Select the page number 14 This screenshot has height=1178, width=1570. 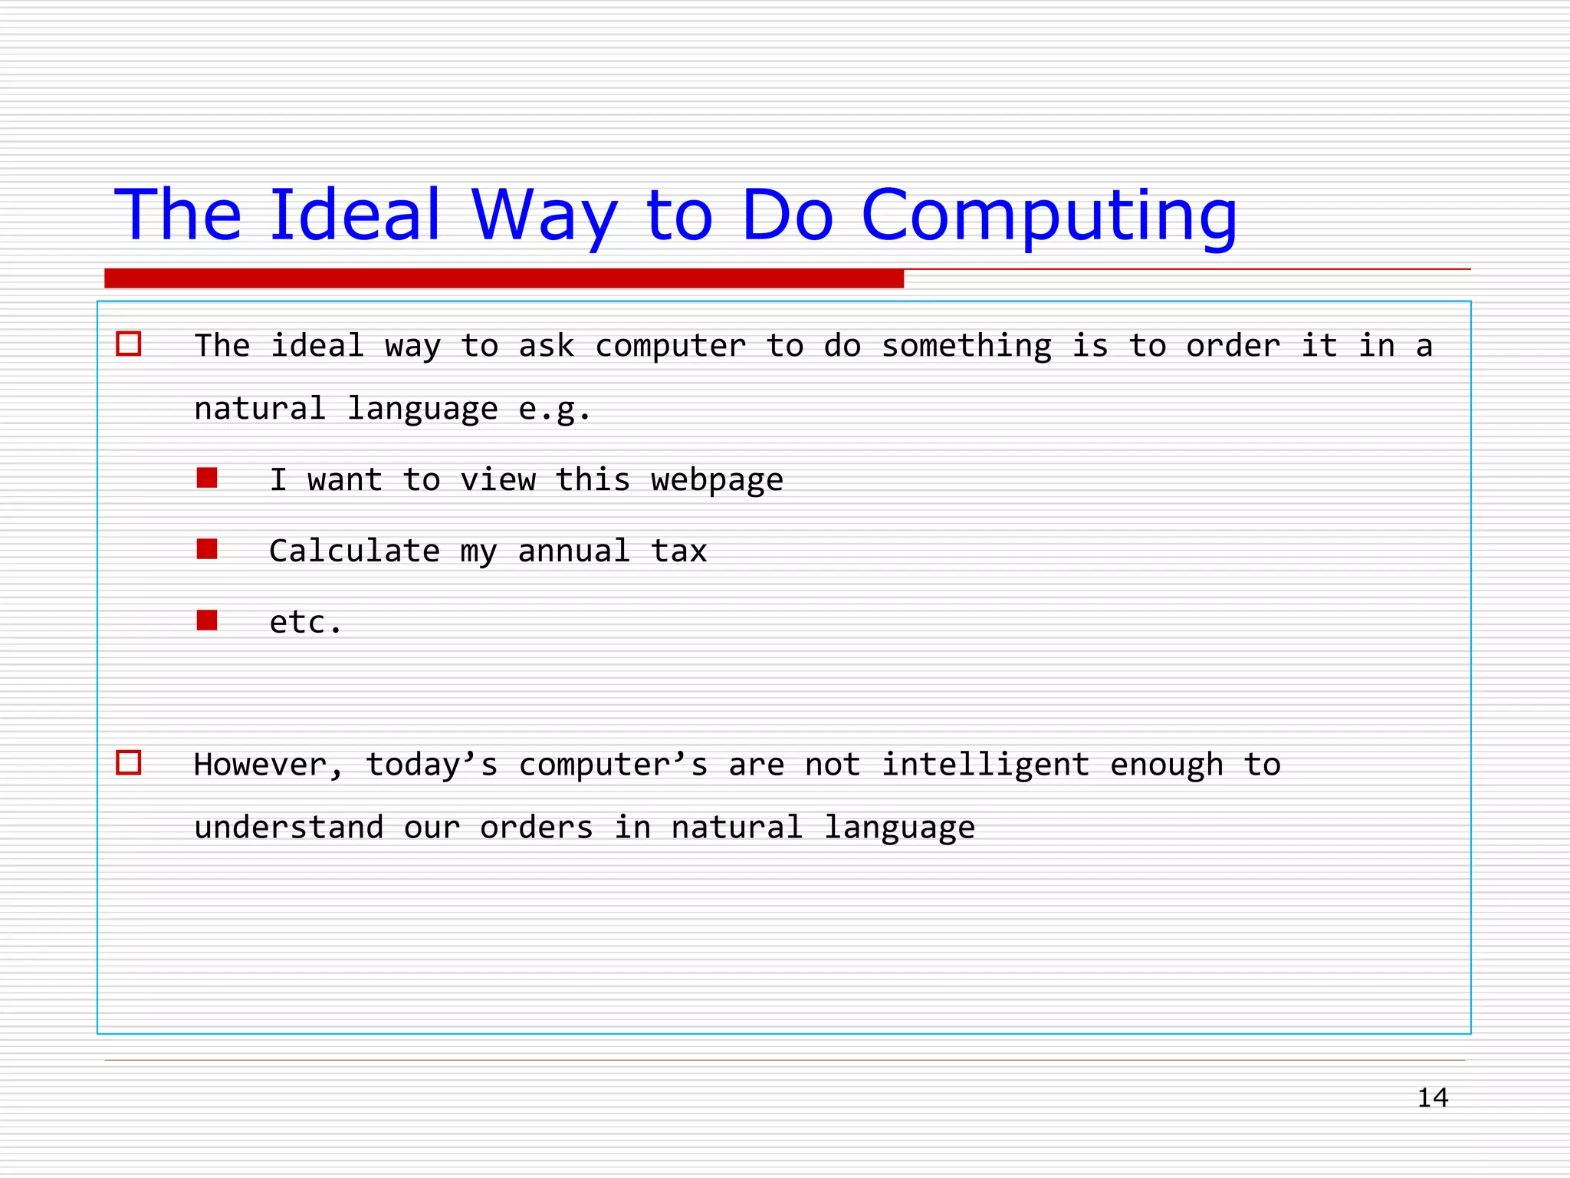coord(1432,1097)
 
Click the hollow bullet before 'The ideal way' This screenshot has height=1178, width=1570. coord(128,344)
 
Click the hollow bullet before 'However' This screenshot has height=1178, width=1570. coord(128,762)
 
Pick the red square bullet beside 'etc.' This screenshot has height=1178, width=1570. coord(207,620)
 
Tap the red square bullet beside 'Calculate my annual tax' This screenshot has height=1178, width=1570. coord(207,548)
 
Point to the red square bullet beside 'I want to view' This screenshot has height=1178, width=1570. coord(207,478)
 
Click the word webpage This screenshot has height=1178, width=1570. coord(717,481)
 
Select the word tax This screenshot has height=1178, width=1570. coord(678,551)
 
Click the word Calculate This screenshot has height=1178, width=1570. coord(354,551)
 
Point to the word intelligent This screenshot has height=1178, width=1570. coord(985,765)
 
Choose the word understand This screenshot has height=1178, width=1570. coord(288,828)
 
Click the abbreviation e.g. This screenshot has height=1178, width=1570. coord(553,409)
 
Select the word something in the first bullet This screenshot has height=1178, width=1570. coord(966,346)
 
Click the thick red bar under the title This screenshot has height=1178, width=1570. coord(504,278)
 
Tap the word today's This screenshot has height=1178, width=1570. coord(431,765)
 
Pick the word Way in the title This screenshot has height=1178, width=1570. coord(544,216)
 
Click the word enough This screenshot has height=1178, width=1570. coord(1166,765)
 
